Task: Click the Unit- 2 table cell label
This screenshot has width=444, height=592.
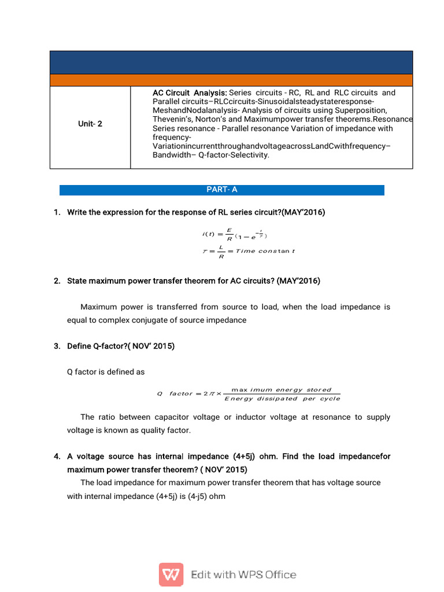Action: click(90, 124)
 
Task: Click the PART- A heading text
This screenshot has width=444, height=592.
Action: click(222, 190)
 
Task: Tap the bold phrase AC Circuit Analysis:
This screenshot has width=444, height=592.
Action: click(190, 92)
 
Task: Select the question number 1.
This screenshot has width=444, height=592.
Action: click(57, 212)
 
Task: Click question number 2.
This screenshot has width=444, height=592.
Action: click(57, 281)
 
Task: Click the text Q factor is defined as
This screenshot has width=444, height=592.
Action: click(106, 372)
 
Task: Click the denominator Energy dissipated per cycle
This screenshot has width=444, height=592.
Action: click(282, 398)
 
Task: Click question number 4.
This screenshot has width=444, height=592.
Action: click(57, 456)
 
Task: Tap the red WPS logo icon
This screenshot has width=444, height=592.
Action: click(171, 575)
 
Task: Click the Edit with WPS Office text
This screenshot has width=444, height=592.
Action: click(243, 575)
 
